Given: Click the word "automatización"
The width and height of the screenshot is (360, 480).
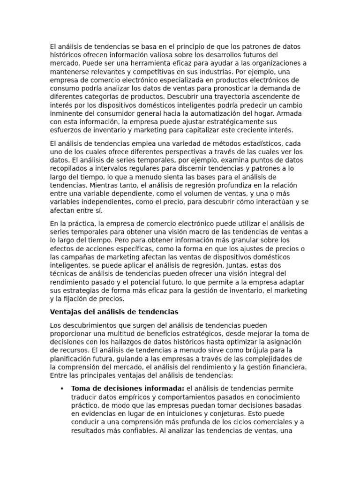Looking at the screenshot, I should click(211, 113).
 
